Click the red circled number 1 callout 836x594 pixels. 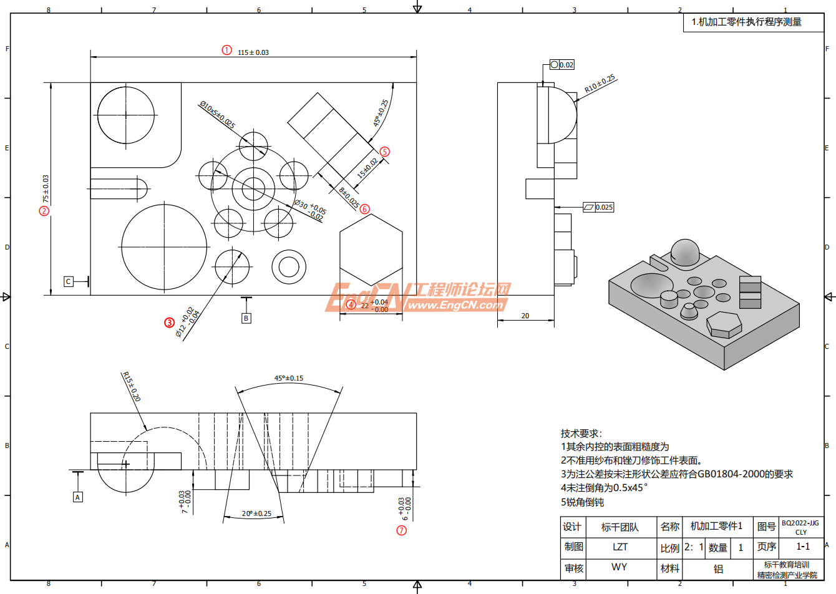(227, 50)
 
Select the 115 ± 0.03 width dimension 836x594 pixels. (253, 52)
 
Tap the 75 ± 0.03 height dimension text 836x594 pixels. (46, 188)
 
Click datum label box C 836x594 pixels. (69, 281)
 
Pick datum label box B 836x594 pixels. (246, 318)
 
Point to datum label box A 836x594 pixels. (78, 497)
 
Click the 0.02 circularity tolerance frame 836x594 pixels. (561, 65)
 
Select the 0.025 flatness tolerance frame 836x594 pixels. (598, 207)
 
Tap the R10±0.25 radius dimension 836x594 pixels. (600, 84)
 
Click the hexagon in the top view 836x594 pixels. (371, 250)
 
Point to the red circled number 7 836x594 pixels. (401, 530)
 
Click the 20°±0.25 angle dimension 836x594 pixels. (256, 514)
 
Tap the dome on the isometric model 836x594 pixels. (684, 250)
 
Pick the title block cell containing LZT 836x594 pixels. (620, 547)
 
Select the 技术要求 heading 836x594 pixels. (581, 433)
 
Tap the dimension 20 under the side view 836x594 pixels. (525, 316)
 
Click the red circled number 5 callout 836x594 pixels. (384, 152)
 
